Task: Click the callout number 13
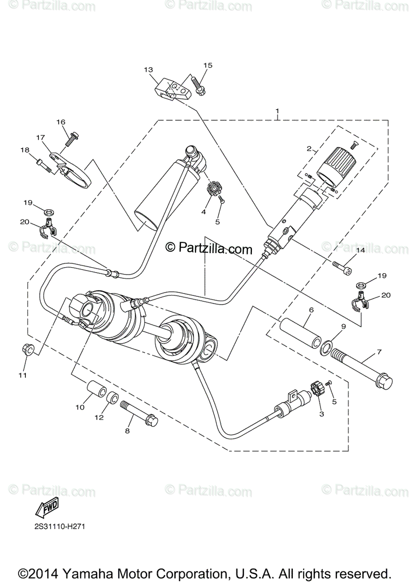148,70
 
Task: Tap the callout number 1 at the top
277,111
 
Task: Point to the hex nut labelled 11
28,349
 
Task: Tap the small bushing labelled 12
112,399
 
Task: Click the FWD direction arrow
48,509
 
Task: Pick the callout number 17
40,138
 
